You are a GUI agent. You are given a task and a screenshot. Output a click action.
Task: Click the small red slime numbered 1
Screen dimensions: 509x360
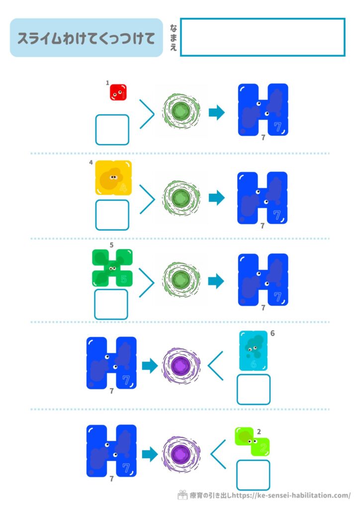(x=118, y=92)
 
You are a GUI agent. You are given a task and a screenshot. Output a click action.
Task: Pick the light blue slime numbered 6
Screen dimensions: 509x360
(x=254, y=351)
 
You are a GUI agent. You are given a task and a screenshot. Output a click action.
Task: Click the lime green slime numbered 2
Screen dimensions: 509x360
(x=252, y=442)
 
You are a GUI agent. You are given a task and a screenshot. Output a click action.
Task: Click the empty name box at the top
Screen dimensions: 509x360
(x=262, y=37)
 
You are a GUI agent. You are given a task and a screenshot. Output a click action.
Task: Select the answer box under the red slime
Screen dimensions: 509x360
(x=112, y=130)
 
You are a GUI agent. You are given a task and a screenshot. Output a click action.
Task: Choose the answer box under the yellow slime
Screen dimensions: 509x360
(x=112, y=215)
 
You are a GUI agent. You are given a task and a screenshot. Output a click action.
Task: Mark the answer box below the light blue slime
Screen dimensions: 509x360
(x=254, y=389)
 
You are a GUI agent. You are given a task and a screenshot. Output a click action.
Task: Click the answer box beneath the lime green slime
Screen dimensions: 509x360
(x=253, y=475)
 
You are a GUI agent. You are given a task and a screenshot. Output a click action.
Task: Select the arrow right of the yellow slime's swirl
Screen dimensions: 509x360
(x=217, y=198)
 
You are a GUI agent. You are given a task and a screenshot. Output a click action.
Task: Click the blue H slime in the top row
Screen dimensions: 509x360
(x=263, y=110)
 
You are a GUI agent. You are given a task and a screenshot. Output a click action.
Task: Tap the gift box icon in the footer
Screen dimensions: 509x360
(x=182, y=495)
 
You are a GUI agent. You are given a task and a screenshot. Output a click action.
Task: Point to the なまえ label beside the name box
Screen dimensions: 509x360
(x=173, y=37)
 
